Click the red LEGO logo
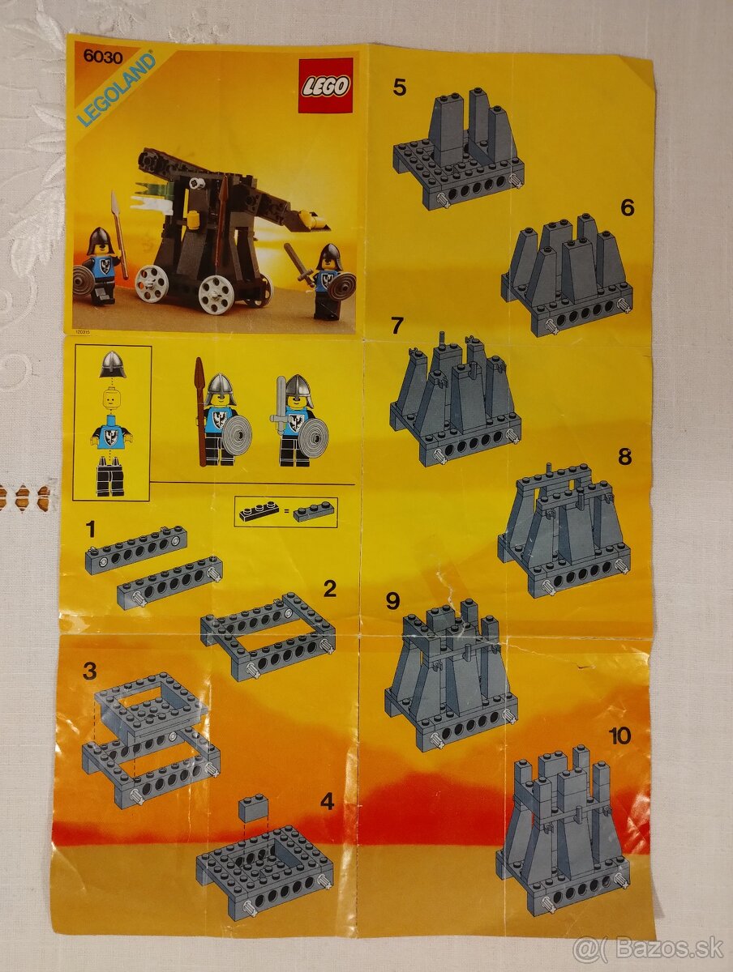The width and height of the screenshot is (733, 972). click(x=325, y=85)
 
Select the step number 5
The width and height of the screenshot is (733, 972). click(x=399, y=87)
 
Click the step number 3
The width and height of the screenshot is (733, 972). click(x=89, y=671)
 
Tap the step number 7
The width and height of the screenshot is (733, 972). click(x=397, y=326)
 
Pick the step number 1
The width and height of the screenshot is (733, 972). click(x=90, y=530)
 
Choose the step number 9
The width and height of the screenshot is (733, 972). click(x=393, y=600)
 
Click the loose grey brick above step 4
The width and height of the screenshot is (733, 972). click(x=254, y=807)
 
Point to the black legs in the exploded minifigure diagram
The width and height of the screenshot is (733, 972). click(x=110, y=478)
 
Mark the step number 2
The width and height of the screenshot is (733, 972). click(x=329, y=589)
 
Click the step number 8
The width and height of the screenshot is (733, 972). click(x=624, y=456)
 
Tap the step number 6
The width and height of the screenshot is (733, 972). click(x=627, y=207)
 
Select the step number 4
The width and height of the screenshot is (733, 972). click(x=327, y=802)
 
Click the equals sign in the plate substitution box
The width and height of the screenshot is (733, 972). click(x=286, y=512)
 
